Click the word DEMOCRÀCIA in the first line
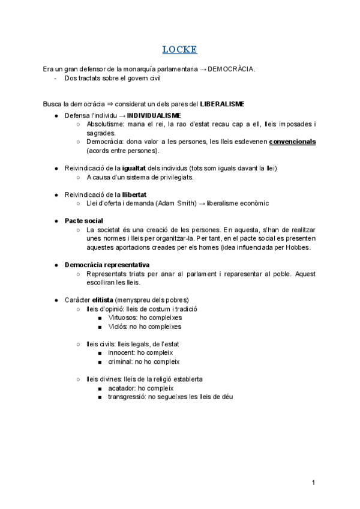[232, 69]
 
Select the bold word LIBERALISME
[222, 104]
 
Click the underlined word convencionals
[293, 142]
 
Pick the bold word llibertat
[134, 194]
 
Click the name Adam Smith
[175, 203]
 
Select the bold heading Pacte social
[84, 221]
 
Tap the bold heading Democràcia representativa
[107, 265]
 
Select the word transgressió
[127, 397]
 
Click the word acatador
[122, 388]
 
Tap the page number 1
[314, 483]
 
